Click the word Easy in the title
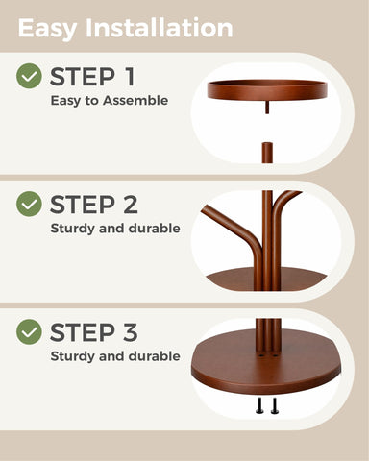[x=47, y=29]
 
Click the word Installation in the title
[x=160, y=28]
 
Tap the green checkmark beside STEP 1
[x=29, y=76]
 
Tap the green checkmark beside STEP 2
[x=29, y=204]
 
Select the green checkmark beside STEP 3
[x=29, y=332]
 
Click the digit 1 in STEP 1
[x=129, y=77]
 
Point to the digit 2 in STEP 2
[x=131, y=205]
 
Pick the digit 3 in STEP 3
[x=131, y=332]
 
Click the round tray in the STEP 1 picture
[x=267, y=89]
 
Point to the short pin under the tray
[x=267, y=107]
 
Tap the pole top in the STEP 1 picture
[x=267, y=153]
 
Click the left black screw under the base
[x=259, y=405]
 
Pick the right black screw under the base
[x=275, y=405]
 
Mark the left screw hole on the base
[x=261, y=355]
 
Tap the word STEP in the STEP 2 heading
[x=83, y=205]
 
